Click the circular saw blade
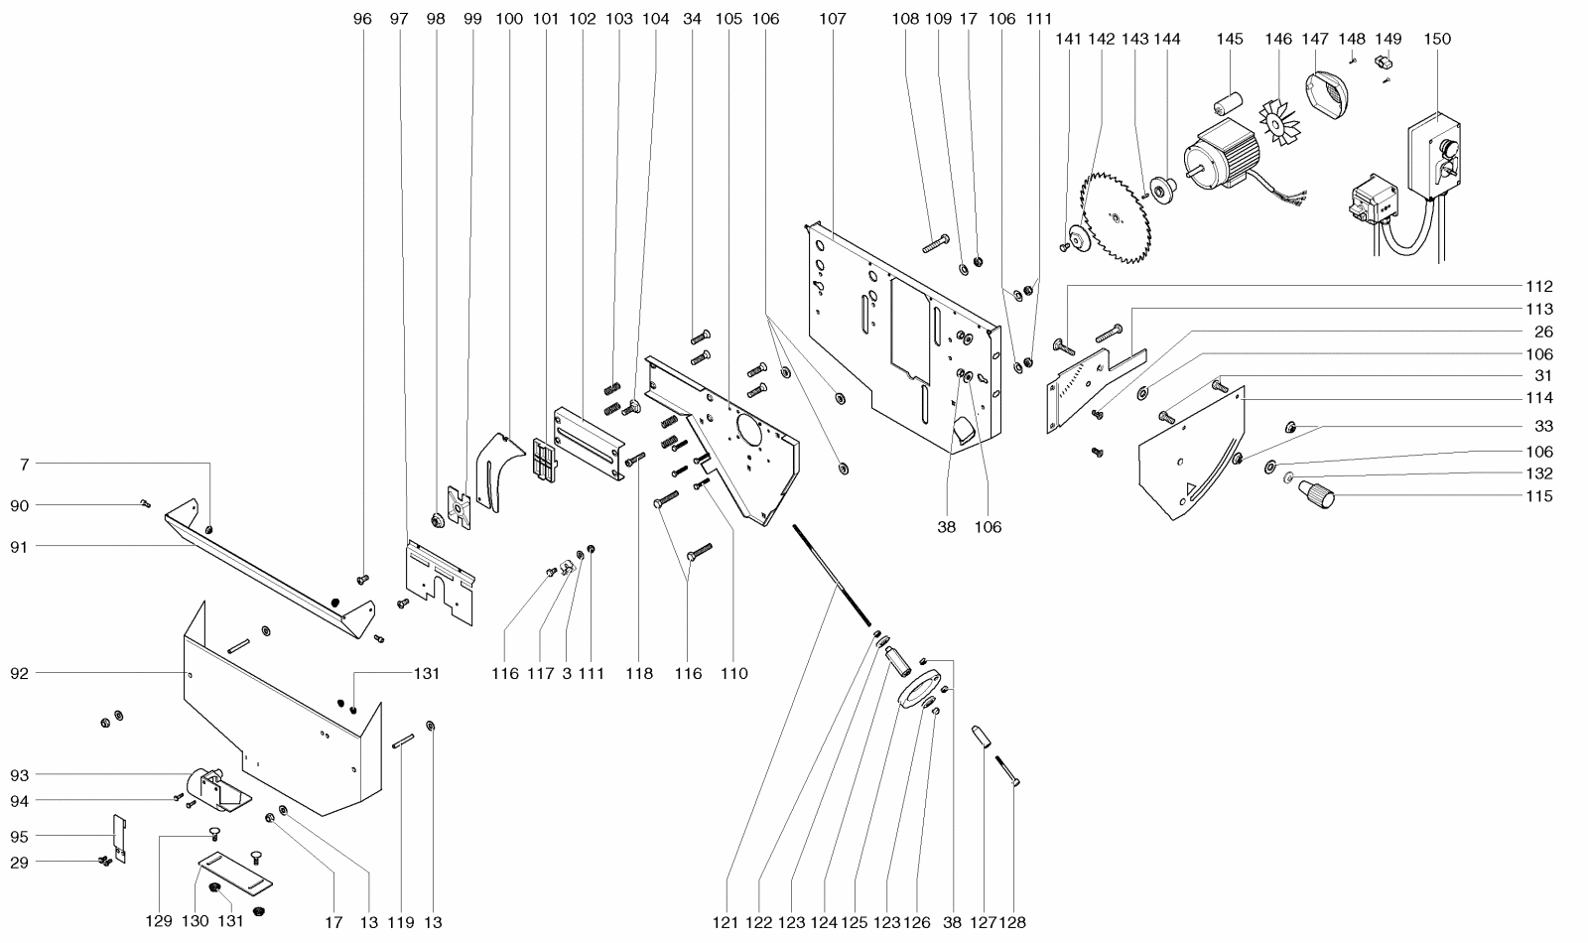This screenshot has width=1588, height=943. (1116, 218)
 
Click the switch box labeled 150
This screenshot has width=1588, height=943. (1434, 155)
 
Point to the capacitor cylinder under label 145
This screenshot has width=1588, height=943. (1228, 103)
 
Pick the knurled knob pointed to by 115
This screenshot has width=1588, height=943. (1316, 494)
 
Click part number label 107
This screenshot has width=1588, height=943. (833, 19)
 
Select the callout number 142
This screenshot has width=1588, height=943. (1101, 39)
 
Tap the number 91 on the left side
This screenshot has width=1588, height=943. (19, 547)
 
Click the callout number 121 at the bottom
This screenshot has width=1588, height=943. (726, 922)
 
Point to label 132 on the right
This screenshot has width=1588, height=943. (1539, 472)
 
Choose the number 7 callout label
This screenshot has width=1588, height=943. (25, 465)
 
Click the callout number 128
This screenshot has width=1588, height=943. (1012, 922)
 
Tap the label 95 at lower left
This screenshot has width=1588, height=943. (19, 837)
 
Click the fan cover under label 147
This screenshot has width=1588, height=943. (1326, 93)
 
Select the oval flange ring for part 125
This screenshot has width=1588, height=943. (919, 689)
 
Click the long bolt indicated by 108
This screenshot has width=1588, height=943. (936, 242)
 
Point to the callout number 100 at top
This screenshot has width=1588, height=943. (509, 19)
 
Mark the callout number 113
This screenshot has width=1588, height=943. (1539, 309)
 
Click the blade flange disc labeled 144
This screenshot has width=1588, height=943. (1163, 190)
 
